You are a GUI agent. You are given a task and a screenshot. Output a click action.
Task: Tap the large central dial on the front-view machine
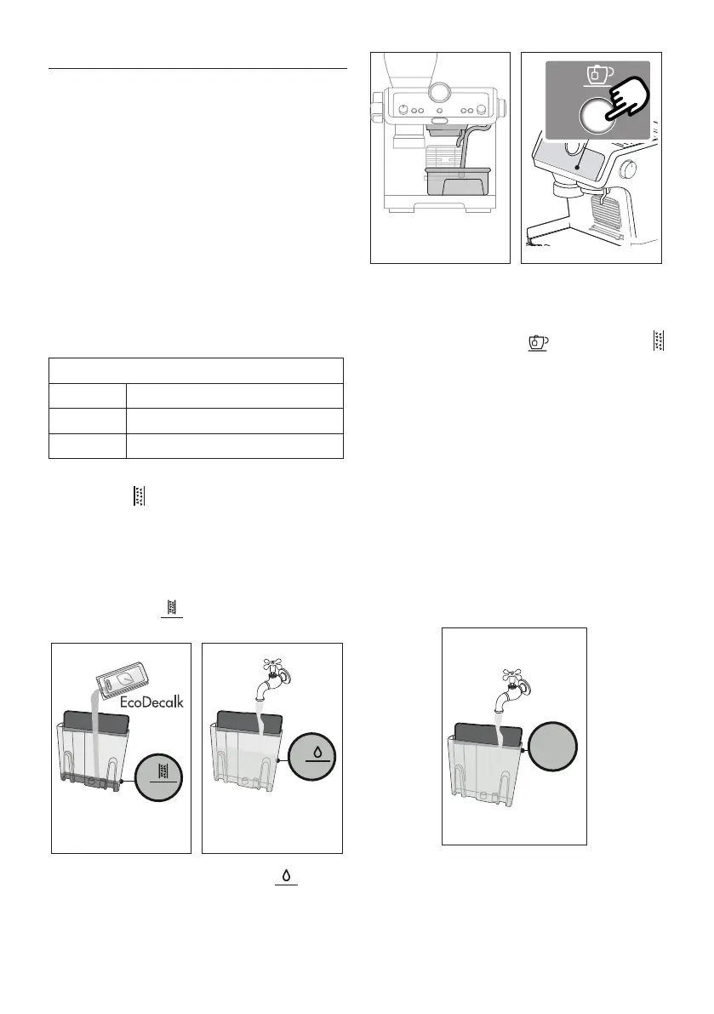[439, 91]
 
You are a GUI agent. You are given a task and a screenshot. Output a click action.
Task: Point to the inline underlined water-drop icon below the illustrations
[284, 877]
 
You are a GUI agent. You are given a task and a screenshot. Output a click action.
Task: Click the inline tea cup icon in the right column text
[536, 342]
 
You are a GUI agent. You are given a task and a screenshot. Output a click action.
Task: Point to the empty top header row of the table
[197, 370]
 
